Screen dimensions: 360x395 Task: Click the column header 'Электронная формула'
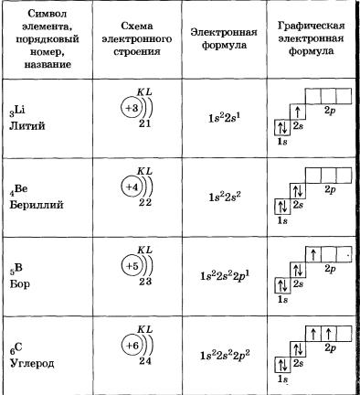224,38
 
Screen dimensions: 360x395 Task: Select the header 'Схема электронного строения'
137,38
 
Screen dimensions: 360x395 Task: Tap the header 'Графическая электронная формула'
311,38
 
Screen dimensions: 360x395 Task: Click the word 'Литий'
27,125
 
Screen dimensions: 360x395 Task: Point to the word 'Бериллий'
37,204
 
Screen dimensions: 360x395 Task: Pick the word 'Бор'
20,284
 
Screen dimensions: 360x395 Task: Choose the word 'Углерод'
32,363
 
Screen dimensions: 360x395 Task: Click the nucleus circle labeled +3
132,108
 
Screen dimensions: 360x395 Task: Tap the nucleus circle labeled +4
132,187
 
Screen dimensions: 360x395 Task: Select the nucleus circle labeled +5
132,266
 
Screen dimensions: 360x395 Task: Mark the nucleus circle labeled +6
132,346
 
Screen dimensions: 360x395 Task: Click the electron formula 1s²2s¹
225,118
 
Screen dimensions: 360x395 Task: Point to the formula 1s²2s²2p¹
225,276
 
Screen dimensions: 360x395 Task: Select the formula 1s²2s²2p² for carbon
225,356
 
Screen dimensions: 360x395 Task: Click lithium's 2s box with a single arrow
298,112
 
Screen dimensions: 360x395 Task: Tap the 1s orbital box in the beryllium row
282,207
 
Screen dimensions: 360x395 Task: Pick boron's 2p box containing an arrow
313,254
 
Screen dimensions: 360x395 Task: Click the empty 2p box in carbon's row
344,334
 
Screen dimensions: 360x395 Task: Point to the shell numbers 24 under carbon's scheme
145,361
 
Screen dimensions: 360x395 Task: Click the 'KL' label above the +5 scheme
144,251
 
